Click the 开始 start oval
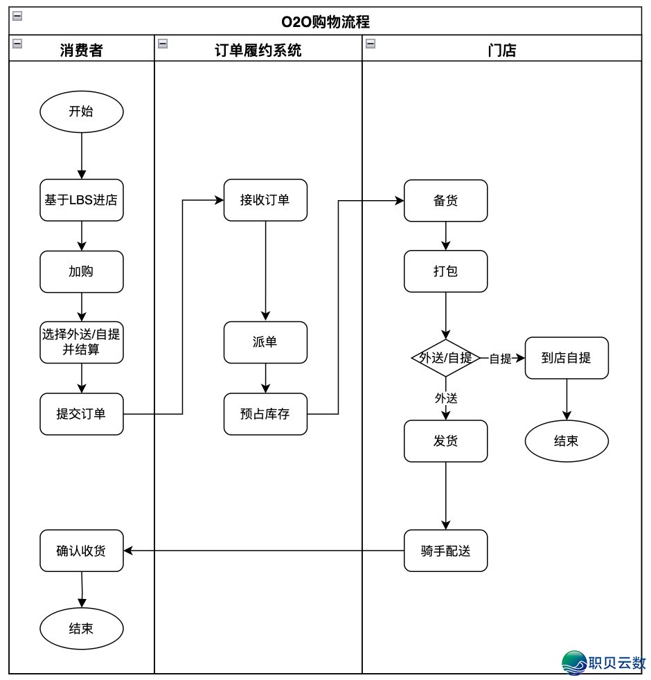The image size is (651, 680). point(82,111)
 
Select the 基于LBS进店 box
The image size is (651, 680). point(82,201)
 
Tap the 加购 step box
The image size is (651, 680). point(82,271)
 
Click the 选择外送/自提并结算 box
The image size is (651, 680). point(82,342)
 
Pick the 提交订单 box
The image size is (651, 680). point(82,414)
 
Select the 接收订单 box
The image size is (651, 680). point(265,201)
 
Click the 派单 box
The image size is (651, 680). point(265,342)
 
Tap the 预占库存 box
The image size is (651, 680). point(265,414)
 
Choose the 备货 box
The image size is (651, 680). point(446,201)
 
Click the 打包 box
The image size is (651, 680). point(446,271)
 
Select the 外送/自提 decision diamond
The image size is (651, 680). point(446,358)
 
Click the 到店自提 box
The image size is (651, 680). point(567,358)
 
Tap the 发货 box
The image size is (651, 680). point(446,440)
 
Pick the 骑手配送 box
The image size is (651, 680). point(446,551)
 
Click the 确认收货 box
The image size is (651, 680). point(82,551)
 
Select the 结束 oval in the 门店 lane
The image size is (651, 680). point(567,440)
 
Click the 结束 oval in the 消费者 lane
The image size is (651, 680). point(82,629)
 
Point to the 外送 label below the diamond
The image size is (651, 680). point(446,398)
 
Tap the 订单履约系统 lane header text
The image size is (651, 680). point(258,50)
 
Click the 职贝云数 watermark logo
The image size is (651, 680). point(604,663)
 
